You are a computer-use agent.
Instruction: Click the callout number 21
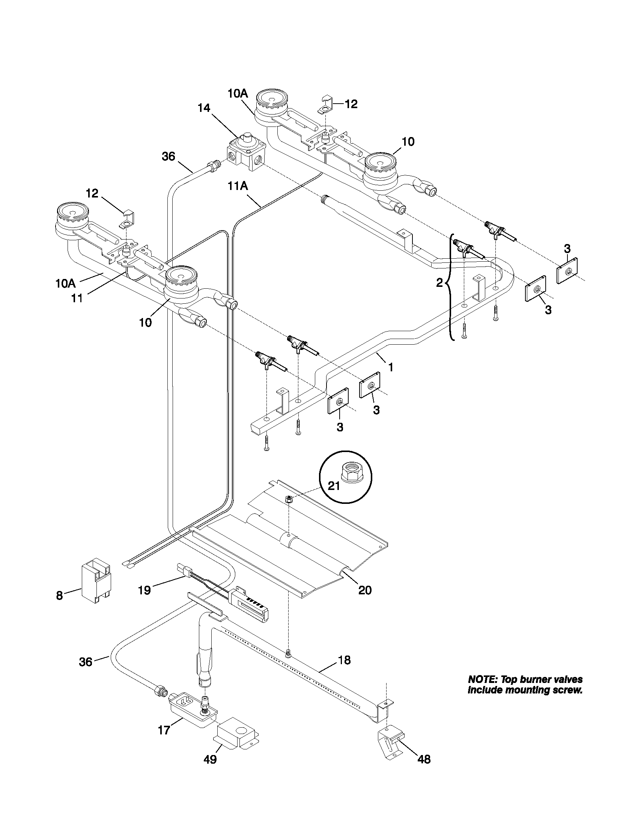click(x=334, y=486)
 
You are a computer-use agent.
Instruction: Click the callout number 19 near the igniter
click(x=144, y=590)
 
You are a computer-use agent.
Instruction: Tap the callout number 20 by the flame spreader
click(x=365, y=590)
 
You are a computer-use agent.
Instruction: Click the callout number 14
click(x=204, y=108)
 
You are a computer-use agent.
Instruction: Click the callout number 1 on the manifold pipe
click(x=390, y=366)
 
